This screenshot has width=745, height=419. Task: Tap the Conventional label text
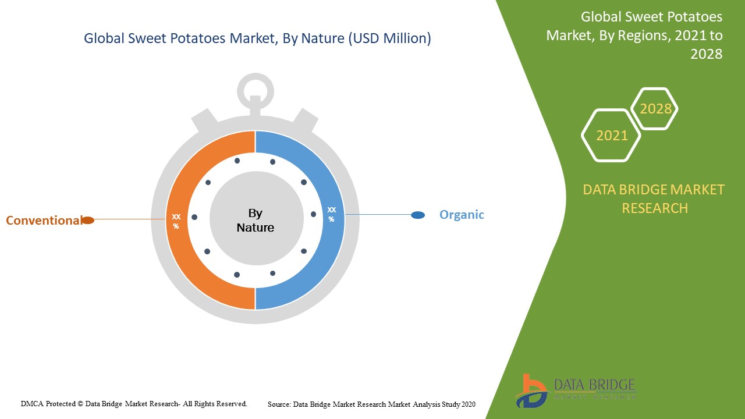(x=44, y=221)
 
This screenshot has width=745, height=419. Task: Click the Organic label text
(x=462, y=215)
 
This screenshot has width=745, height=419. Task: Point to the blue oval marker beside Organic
(x=418, y=215)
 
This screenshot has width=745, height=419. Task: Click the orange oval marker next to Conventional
(x=87, y=220)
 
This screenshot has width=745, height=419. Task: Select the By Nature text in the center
(x=256, y=221)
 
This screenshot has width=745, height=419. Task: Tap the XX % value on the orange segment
(x=176, y=221)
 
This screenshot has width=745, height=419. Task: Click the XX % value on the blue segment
(x=332, y=214)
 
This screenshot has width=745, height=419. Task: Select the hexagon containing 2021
(x=611, y=136)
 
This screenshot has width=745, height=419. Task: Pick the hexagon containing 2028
(x=655, y=109)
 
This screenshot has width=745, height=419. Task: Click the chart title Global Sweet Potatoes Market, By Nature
(x=257, y=39)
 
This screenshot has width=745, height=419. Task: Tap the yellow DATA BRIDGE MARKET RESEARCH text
(x=654, y=198)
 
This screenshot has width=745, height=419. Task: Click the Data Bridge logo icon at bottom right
(x=531, y=390)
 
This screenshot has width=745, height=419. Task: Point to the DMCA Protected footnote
(x=134, y=403)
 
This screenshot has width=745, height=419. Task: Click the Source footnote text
(x=371, y=404)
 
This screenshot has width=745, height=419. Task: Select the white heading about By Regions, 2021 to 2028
(x=634, y=35)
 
